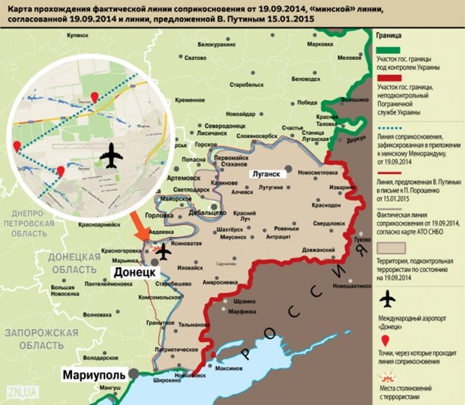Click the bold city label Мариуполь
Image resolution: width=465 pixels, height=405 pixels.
tap(92, 373)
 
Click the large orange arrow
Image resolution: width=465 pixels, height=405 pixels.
tap(143, 229)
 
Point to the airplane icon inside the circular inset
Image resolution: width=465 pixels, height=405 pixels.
tap(111, 157)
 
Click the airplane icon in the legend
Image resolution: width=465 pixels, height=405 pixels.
tap(387, 299)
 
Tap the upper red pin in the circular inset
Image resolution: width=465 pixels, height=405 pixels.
tap(94, 96)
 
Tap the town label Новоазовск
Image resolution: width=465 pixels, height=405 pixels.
tap(187, 375)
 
